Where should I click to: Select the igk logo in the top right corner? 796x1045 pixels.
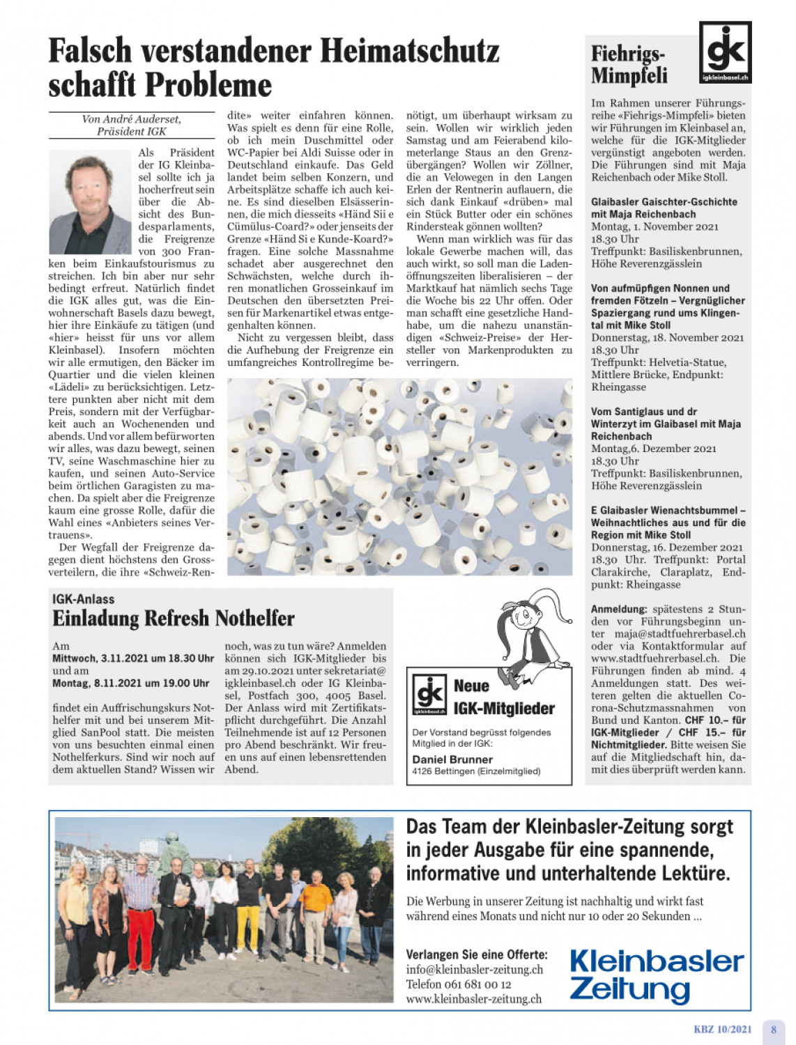click(725, 52)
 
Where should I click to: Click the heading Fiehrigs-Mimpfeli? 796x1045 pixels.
click(629, 64)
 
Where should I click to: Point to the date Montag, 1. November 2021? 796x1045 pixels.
click(655, 226)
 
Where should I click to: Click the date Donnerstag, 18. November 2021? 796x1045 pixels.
click(667, 338)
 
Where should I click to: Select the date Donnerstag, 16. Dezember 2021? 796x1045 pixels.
click(666, 548)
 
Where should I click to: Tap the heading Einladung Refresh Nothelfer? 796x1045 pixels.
click(174, 619)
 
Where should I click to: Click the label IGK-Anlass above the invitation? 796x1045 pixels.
click(84, 599)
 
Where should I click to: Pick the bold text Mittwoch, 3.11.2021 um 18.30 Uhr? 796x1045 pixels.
click(133, 658)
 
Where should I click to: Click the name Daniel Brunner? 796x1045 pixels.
click(452, 759)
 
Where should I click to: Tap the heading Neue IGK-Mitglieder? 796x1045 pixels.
click(503, 697)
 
